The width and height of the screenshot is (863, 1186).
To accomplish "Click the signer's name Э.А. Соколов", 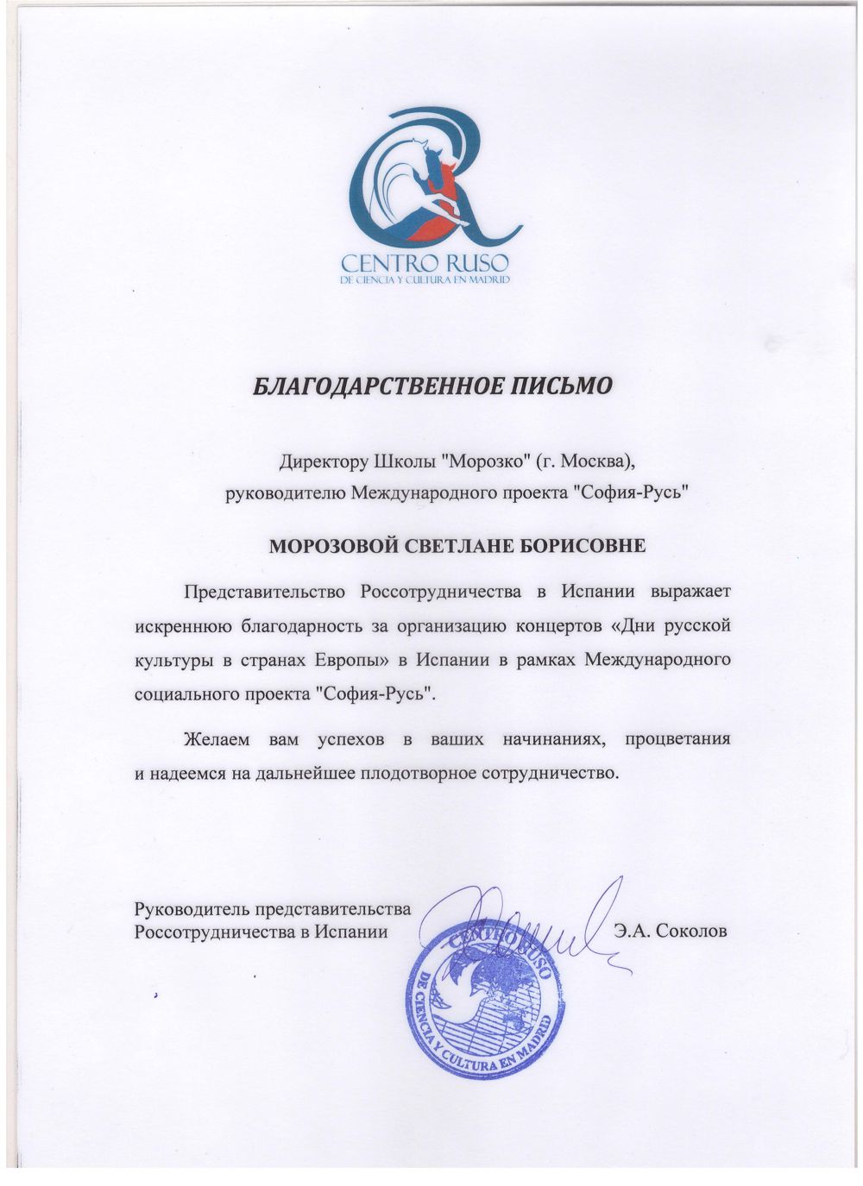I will tap(670, 932).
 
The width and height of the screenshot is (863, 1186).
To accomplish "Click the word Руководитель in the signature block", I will tap(189, 909).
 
